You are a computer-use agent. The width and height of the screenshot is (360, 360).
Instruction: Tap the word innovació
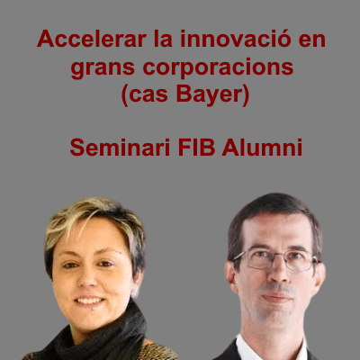point(236,39)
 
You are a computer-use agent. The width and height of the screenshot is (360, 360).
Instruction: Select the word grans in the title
point(103,68)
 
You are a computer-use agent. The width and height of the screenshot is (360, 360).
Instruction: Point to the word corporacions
point(218,68)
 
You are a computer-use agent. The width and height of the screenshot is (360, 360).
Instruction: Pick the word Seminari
point(120,148)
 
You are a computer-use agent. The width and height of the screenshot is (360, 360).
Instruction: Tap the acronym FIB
point(196,148)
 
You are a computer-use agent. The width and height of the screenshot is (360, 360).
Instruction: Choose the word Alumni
point(262,148)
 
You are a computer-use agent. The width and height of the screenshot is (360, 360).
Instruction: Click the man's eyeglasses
point(275,259)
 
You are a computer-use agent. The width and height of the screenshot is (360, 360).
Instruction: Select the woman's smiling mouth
point(89,301)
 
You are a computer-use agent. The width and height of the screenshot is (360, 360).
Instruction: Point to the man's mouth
point(276,297)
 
